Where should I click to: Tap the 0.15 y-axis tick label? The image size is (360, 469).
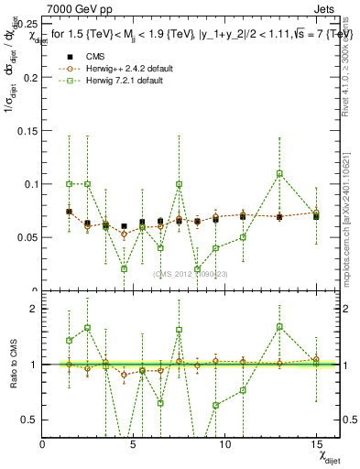click(x=27, y=130)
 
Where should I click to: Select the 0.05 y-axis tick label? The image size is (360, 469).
click(x=27, y=237)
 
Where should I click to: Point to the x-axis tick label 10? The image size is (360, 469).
click(x=224, y=444)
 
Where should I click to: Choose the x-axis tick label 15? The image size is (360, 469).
click(x=314, y=444)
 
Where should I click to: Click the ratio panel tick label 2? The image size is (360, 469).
click(x=33, y=308)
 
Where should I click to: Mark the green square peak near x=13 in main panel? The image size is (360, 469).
click(x=279, y=173)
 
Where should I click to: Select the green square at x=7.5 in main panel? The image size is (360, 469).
click(x=179, y=184)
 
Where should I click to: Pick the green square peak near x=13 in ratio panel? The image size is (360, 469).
click(x=279, y=326)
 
